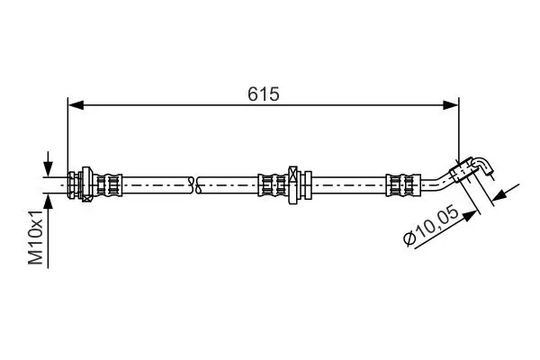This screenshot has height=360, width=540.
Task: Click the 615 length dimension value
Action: click(x=264, y=94)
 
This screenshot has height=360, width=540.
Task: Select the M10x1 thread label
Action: click(x=36, y=237)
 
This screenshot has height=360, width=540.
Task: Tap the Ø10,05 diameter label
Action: click(x=431, y=226)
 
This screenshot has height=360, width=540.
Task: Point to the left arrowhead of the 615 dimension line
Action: click(x=76, y=105)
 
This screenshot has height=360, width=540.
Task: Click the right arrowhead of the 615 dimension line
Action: click(x=451, y=105)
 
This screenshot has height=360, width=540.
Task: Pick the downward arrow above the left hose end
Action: click(x=49, y=164)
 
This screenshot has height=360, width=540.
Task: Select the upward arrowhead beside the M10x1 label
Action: click(x=49, y=202)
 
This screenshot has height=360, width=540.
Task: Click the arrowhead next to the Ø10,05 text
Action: click(x=470, y=215)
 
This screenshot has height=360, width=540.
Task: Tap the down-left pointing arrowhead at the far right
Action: click(x=500, y=195)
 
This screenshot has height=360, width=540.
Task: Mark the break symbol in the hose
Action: click(x=194, y=185)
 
